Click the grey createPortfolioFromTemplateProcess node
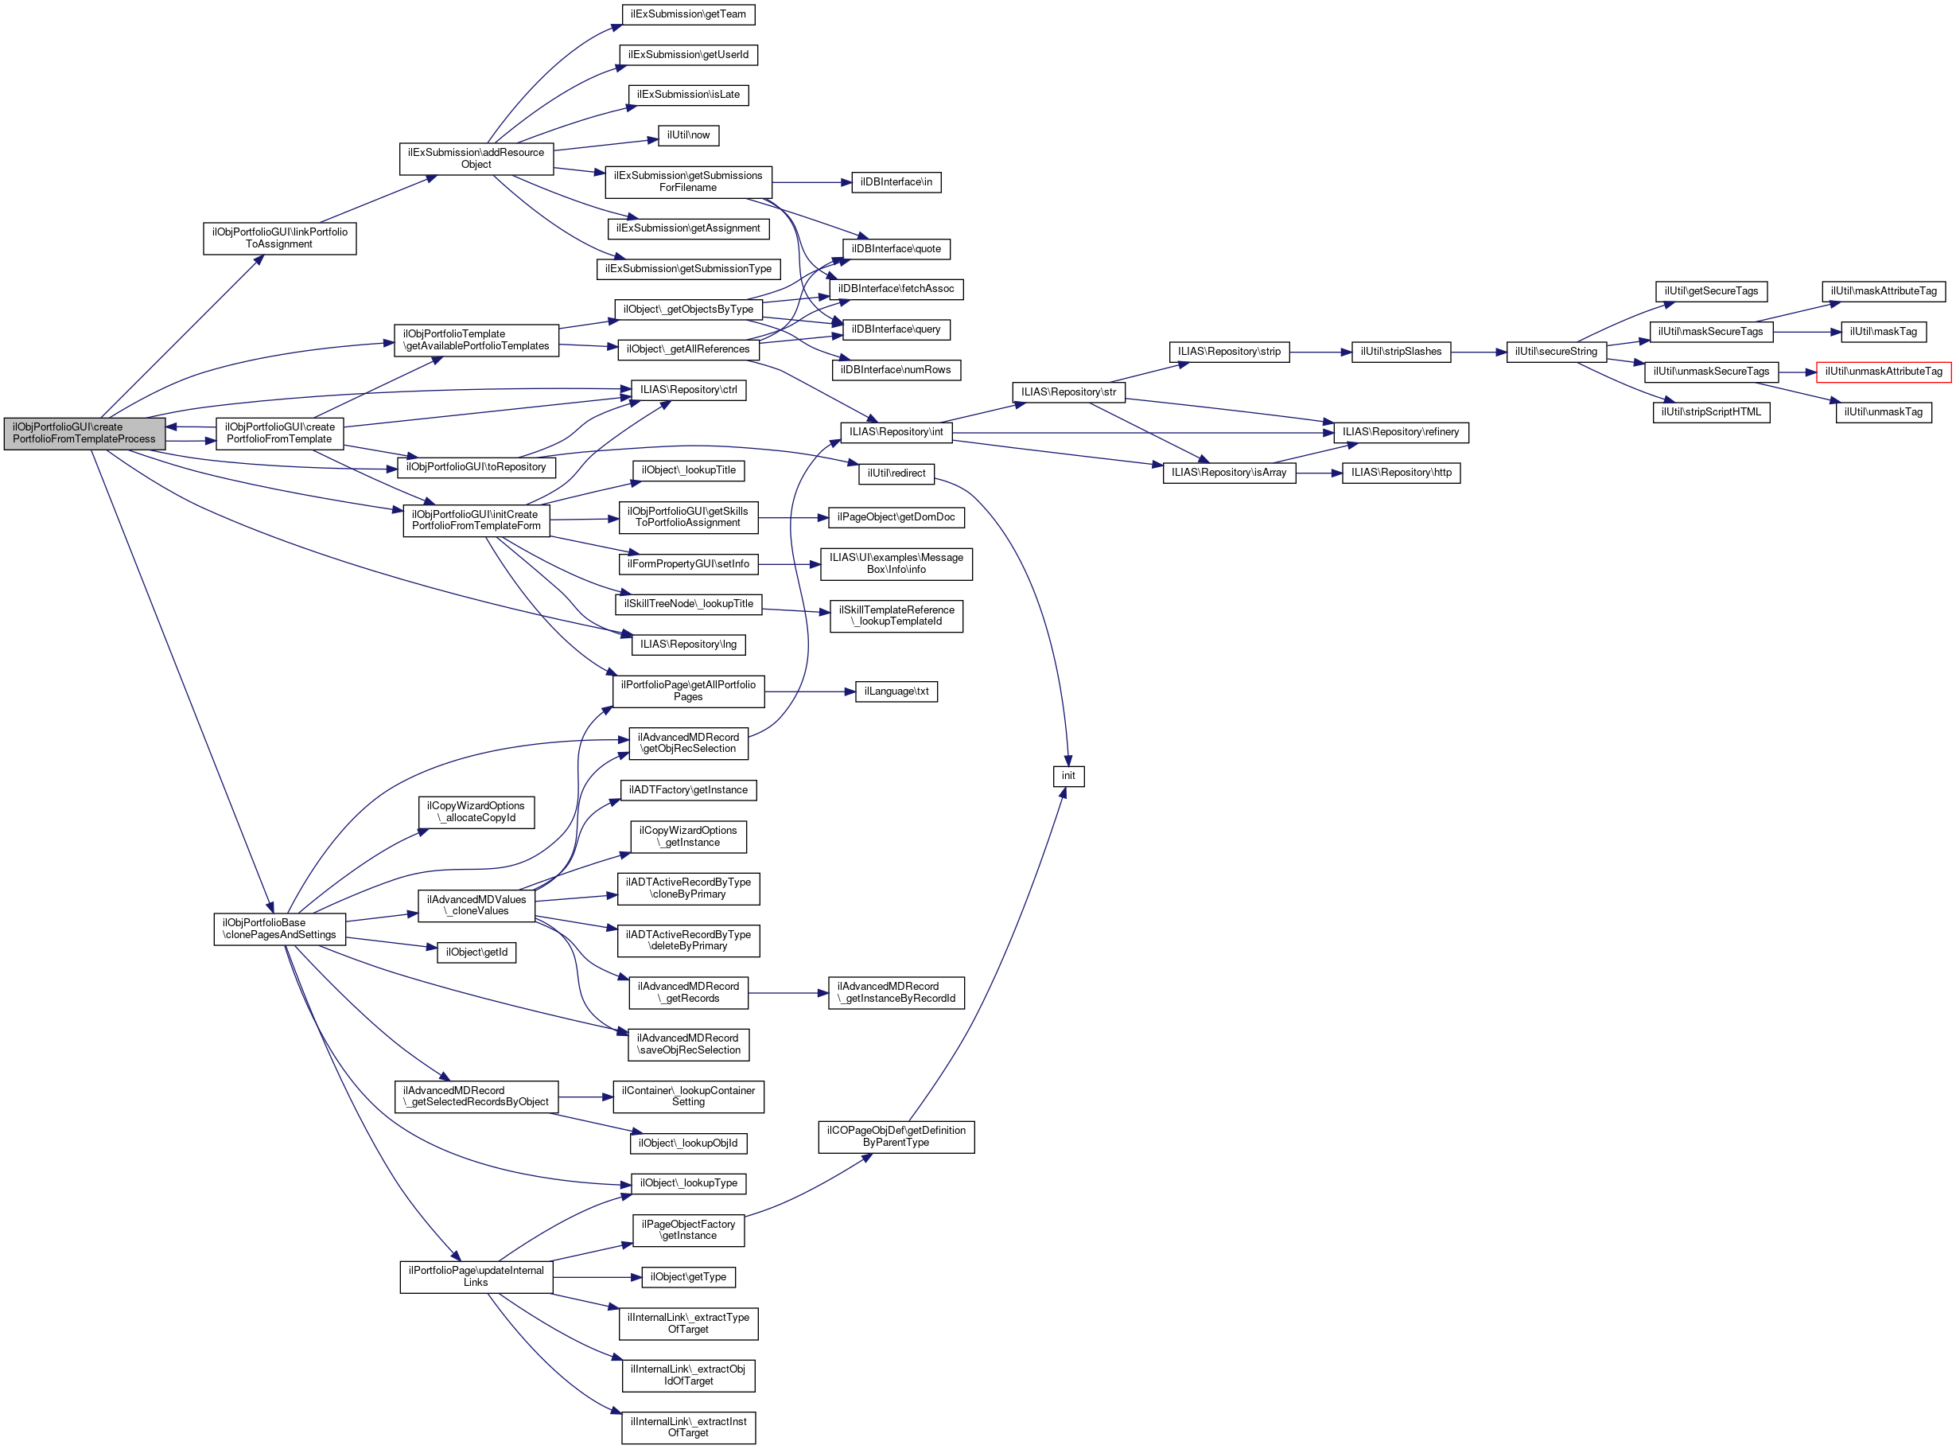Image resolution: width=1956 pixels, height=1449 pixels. [84, 434]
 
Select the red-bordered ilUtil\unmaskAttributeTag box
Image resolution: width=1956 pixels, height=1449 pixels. [1884, 372]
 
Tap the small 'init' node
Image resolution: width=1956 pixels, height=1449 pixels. [1067, 777]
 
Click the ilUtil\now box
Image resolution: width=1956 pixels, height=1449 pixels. [688, 135]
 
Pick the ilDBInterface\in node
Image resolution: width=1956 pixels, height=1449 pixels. [896, 182]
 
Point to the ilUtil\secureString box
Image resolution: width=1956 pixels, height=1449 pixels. [1556, 352]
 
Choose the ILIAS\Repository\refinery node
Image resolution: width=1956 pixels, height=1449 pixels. [1400, 432]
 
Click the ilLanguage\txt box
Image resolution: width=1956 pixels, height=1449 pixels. [896, 692]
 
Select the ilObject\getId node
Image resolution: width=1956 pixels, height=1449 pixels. [476, 952]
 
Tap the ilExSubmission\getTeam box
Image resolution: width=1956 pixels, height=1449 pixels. [688, 14]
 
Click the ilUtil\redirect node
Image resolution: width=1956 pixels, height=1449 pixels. [896, 473]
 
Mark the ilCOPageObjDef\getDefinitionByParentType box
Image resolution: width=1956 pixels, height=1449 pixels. [896, 1137]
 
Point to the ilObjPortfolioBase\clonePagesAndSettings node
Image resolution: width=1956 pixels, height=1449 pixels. [278, 929]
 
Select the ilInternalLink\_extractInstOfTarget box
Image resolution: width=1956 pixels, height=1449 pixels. [688, 1427]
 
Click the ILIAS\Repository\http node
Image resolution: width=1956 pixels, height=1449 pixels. [1401, 473]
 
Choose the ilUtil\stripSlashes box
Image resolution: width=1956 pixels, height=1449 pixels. [1400, 352]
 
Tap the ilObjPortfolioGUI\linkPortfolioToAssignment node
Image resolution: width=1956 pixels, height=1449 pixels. [278, 239]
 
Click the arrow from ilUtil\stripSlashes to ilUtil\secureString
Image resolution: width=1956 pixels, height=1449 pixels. [1478, 353]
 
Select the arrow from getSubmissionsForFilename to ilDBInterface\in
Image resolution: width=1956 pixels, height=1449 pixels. [812, 182]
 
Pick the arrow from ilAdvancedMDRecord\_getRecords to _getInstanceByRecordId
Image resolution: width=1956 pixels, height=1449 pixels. [788, 993]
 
